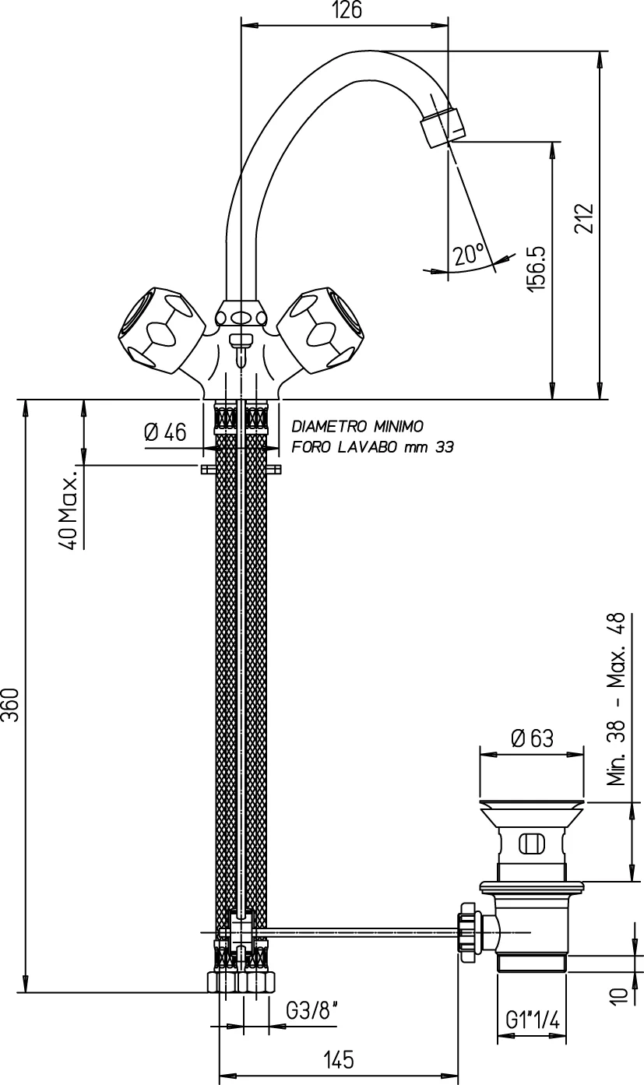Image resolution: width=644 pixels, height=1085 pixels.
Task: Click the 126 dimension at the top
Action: (x=345, y=10)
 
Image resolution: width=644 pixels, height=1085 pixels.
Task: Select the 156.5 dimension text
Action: (x=537, y=269)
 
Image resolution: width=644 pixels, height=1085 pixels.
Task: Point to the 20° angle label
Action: (x=469, y=254)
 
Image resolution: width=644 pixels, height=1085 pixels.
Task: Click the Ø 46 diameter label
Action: (x=165, y=432)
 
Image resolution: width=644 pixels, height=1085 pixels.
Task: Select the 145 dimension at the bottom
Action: (x=338, y=1059)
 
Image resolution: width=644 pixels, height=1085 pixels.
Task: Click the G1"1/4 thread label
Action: (x=533, y=1019)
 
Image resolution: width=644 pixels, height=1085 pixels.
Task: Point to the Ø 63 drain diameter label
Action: (x=532, y=738)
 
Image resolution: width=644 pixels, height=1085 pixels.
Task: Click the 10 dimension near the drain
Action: (x=618, y=995)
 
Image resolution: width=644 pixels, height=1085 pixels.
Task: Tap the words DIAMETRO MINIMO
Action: (x=357, y=426)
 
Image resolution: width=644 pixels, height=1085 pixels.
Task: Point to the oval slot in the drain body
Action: (x=531, y=844)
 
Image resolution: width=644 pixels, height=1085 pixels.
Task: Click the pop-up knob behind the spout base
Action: (x=241, y=341)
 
